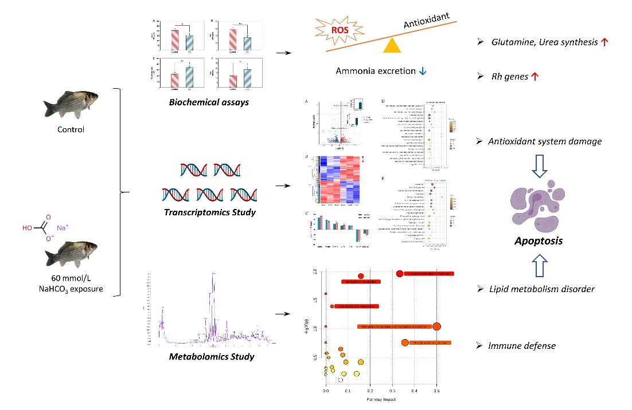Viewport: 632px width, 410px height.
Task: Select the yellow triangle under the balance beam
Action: [392, 46]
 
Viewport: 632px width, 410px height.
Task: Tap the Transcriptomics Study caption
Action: [209, 212]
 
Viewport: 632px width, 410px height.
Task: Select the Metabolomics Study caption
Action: [212, 357]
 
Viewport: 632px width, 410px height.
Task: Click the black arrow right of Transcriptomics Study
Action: [282, 186]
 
